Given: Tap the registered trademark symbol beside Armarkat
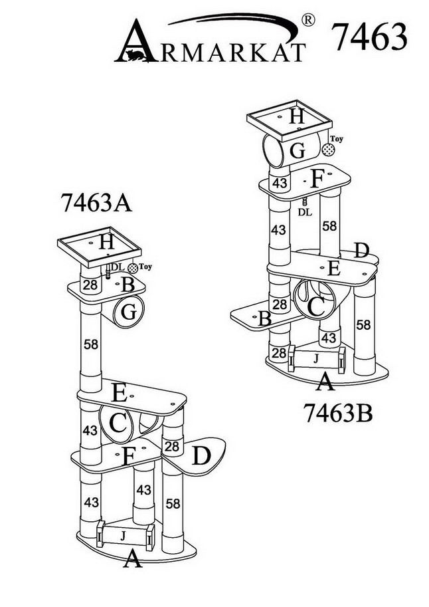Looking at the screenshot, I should (308, 21).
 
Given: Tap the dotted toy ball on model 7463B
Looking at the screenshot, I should (328, 150).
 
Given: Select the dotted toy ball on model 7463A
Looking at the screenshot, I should (133, 268).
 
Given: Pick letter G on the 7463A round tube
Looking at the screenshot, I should (130, 311).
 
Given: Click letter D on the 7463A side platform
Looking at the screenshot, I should (202, 456).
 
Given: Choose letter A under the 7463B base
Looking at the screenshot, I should (325, 382).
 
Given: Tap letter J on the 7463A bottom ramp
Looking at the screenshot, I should (122, 534).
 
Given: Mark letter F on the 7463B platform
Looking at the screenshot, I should (316, 180).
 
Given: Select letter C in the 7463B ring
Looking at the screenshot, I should (316, 306).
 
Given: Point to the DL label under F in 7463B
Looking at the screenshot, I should (304, 212).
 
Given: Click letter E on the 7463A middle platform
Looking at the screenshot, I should (118, 393).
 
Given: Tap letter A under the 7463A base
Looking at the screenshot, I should (133, 560).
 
